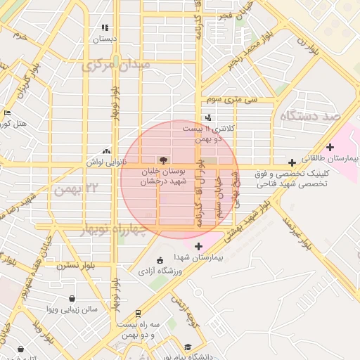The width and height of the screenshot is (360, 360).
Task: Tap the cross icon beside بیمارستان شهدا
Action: point(198,246)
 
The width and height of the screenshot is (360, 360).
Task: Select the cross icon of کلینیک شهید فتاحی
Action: point(292,162)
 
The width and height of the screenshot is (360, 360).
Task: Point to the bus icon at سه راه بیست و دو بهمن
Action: point(138,314)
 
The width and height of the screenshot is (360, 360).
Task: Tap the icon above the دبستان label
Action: point(105,28)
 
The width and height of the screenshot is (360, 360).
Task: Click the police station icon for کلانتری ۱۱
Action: point(207,117)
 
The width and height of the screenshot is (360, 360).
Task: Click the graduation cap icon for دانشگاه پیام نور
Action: point(188,347)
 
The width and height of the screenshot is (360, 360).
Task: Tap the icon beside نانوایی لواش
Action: point(106,150)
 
